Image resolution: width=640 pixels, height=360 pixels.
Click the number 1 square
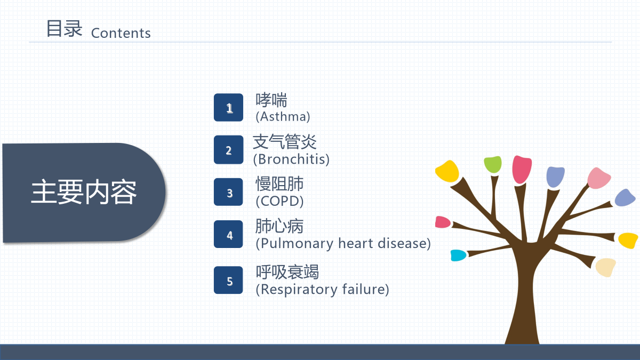point(229,107)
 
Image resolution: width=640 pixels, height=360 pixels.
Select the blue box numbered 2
point(229,150)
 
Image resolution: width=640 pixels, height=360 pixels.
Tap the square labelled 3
point(228,192)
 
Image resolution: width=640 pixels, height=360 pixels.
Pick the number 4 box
point(228,234)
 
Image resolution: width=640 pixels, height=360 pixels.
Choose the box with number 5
point(228,280)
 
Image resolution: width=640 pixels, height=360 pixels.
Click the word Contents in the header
point(121,33)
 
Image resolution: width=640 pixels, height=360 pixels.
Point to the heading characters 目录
point(65,29)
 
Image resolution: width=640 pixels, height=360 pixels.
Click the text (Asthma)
point(283,117)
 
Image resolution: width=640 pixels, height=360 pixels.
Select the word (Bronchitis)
point(291,159)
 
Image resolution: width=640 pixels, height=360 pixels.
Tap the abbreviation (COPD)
point(279,201)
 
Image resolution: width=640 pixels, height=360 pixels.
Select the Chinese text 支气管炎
point(285,142)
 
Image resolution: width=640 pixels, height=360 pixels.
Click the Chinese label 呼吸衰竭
point(287,271)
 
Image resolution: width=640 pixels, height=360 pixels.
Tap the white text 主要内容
point(84,192)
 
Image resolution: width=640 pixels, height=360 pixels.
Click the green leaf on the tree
point(493,164)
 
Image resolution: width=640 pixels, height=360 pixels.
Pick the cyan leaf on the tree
point(458,255)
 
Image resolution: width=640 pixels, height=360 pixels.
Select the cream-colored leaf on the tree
point(606,267)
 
